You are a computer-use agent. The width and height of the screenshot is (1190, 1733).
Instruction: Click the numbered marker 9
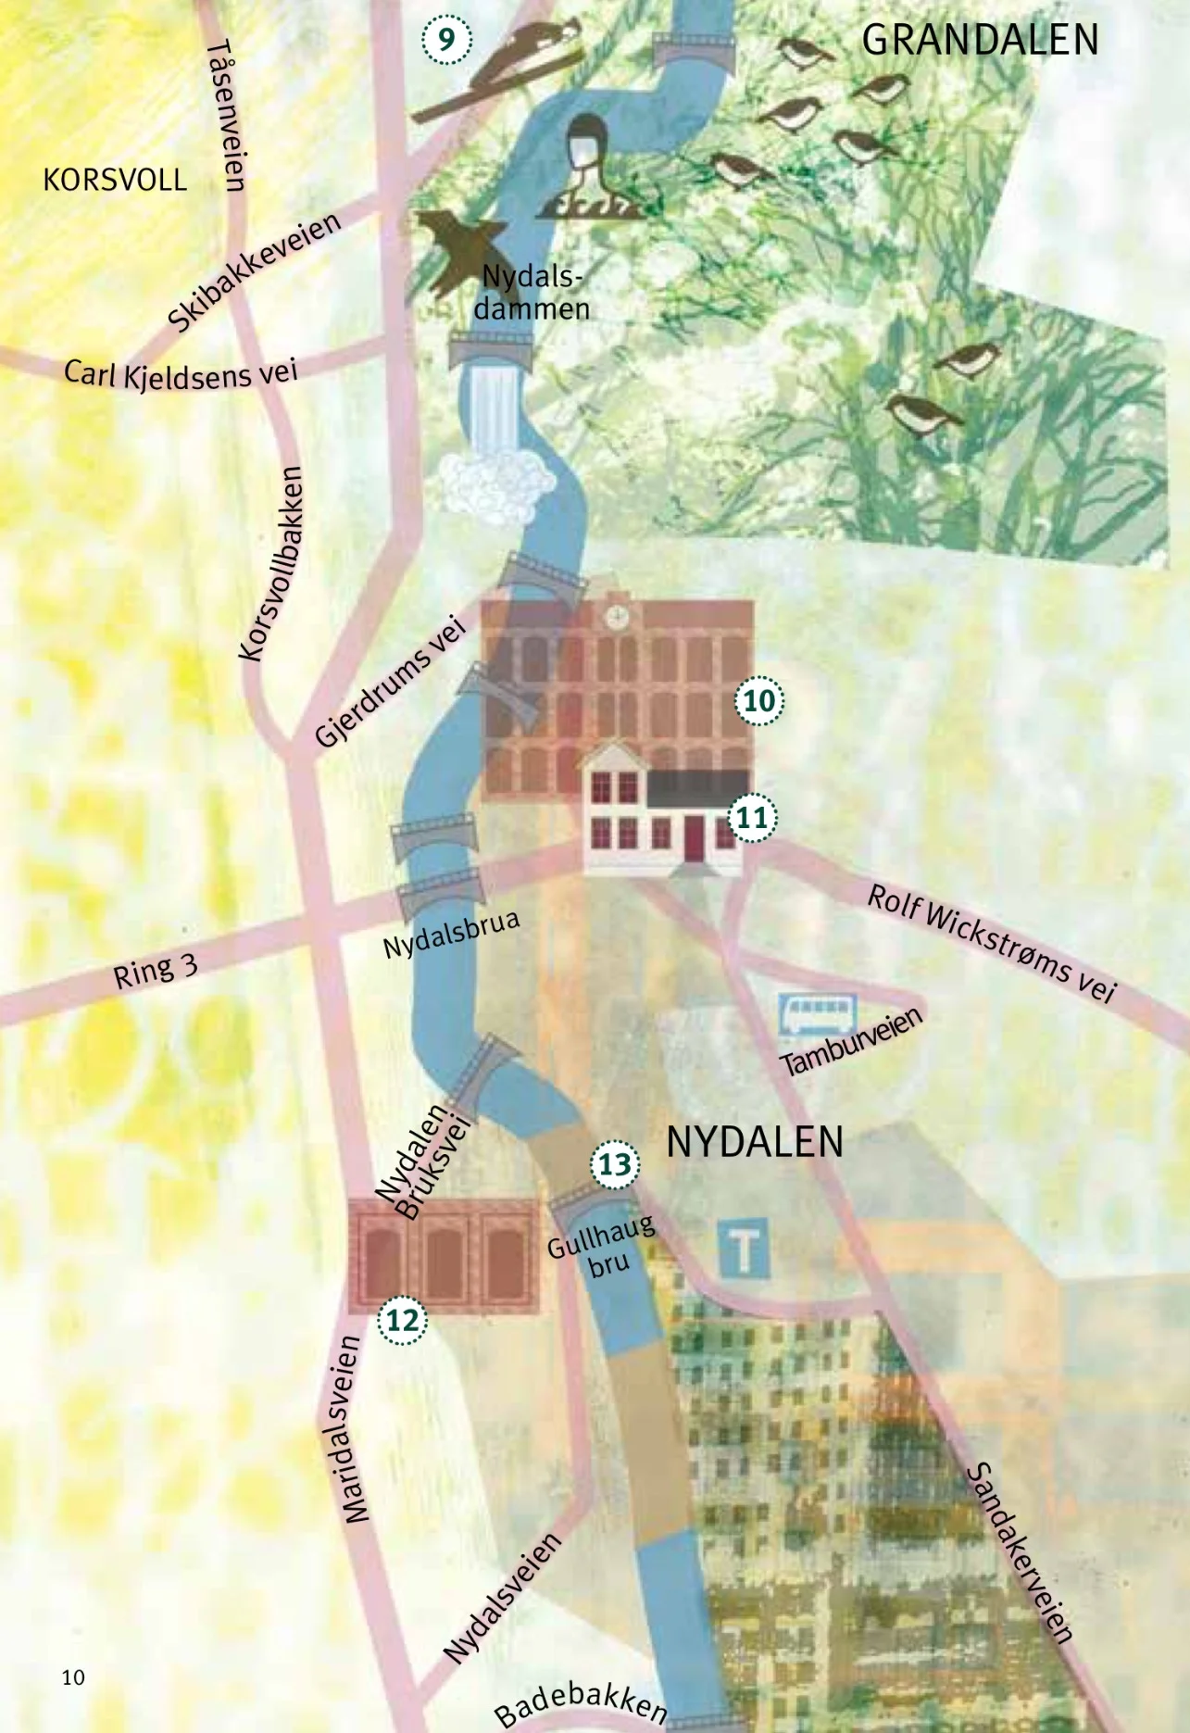[x=446, y=41]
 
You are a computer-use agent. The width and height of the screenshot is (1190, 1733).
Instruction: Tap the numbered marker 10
[x=759, y=700]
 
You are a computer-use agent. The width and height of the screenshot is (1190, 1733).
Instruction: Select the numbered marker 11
[x=752, y=818]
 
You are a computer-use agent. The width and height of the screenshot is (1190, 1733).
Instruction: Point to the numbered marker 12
[x=403, y=1320]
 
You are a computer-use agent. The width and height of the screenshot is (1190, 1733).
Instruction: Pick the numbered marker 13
[x=615, y=1164]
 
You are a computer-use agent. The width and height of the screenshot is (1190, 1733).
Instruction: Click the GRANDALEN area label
[x=980, y=41]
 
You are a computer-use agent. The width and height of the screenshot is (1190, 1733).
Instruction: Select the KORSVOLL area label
[x=115, y=179]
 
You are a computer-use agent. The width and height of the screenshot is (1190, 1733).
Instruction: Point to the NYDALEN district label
[x=755, y=1142]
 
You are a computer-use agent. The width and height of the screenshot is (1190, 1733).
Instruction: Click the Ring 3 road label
[x=156, y=970]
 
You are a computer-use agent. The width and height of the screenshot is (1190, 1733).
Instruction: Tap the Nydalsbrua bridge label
[x=451, y=935]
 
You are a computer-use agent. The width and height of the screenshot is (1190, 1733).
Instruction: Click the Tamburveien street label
[x=853, y=1041]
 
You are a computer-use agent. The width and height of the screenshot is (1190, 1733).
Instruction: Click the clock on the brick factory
[x=614, y=616]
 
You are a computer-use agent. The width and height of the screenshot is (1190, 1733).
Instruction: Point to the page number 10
[x=73, y=1676]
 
